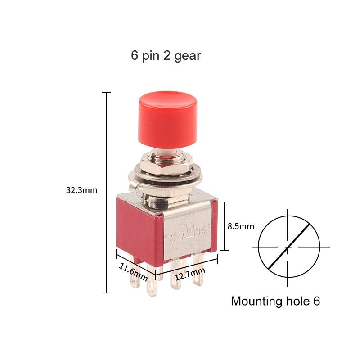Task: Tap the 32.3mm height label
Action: [x=82, y=190]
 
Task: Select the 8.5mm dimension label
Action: [x=241, y=226]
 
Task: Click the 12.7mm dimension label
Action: [x=190, y=273]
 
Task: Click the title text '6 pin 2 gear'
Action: [x=166, y=56]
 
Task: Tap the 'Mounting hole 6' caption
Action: [x=275, y=301]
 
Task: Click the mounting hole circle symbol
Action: [x=288, y=247]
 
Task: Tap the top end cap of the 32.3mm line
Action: [x=106, y=92]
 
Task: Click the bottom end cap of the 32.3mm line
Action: [x=106, y=293]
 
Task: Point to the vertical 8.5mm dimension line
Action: [x=224, y=226]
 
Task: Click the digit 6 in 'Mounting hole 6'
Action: [x=316, y=301]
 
